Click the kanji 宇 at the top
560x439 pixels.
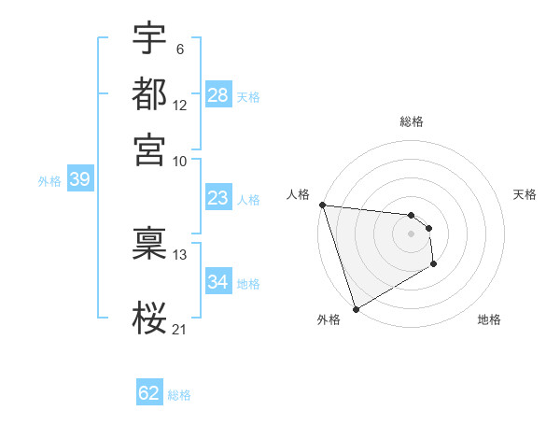coord(149,40)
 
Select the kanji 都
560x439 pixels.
coord(149,94)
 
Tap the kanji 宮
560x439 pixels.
coord(149,149)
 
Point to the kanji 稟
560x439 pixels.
coord(149,244)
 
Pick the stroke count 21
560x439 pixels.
coord(180,328)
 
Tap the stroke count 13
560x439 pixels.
coord(180,254)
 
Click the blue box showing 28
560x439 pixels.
coord(218,95)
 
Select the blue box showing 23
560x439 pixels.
coord(218,198)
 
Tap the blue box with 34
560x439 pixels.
coord(218,282)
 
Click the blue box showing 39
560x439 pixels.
coord(79,180)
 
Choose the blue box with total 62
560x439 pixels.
coord(149,393)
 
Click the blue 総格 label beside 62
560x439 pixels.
coord(179,395)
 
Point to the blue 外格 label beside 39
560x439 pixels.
coord(49,181)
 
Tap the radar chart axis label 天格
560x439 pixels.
coord(525,194)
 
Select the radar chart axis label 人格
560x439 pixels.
coord(298,194)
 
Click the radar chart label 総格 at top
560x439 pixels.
coord(412,121)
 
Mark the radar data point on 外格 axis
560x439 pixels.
coord(356,309)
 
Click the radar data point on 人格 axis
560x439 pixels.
coord(322,205)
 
